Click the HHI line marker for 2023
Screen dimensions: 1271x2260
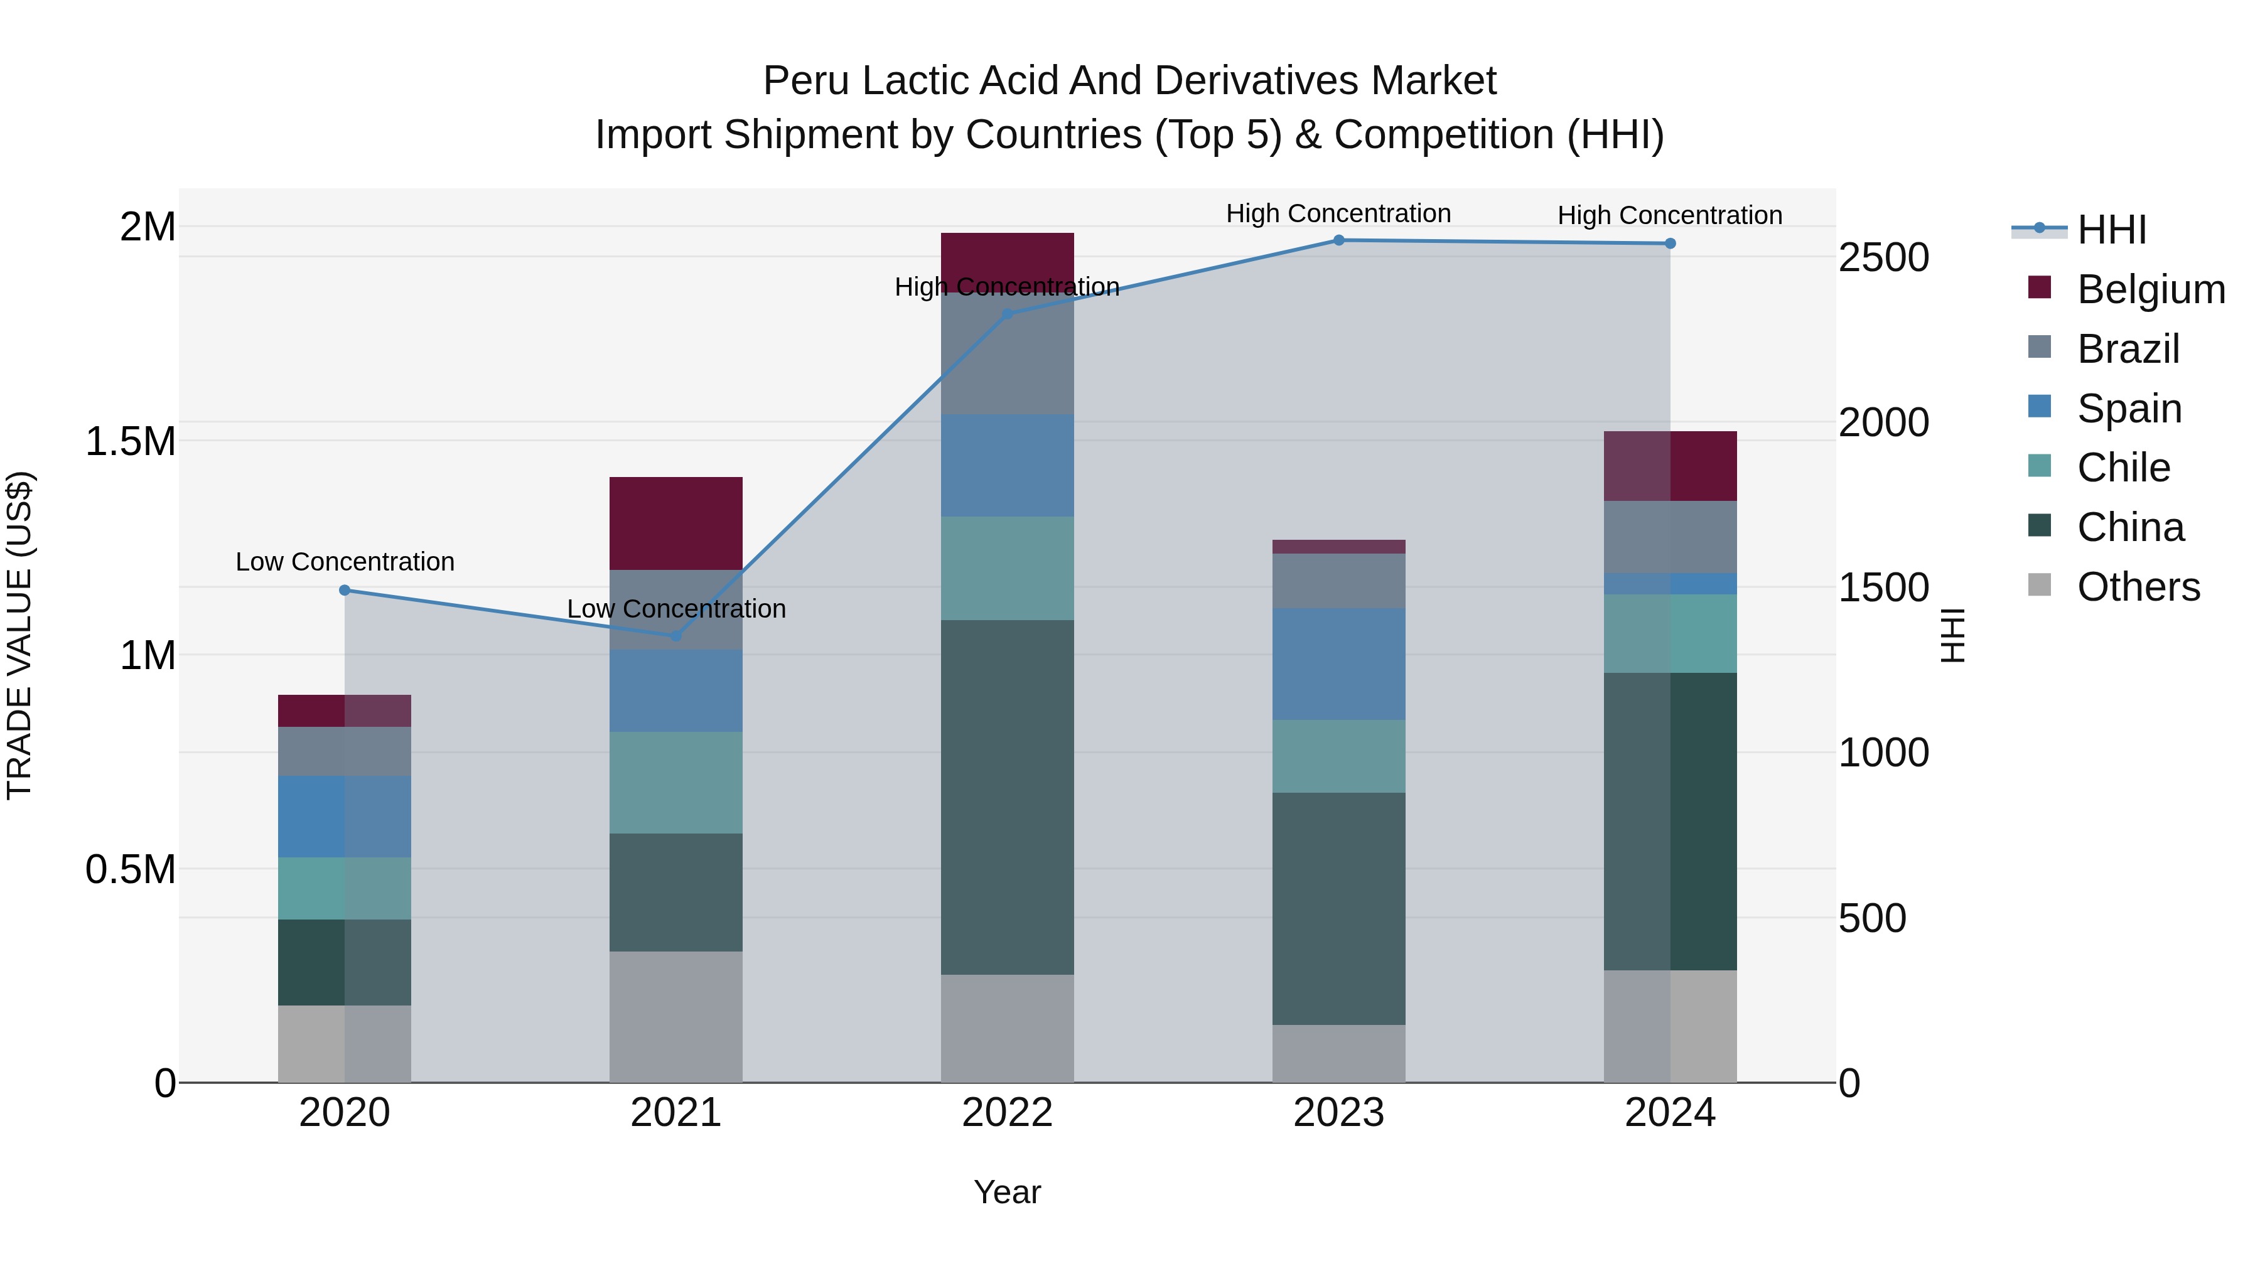coord(1339,240)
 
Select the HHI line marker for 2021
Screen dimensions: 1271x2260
coord(675,636)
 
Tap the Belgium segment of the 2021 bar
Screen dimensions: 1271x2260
coord(675,523)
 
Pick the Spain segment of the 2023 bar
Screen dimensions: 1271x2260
coord(1339,663)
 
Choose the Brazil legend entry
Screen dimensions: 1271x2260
coord(2127,348)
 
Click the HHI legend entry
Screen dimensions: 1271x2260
coord(2111,230)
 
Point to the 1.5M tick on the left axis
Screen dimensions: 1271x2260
coord(130,441)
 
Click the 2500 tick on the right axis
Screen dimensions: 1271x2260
coord(1883,258)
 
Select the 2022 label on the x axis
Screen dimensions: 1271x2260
coord(1007,1113)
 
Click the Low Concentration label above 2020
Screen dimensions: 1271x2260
coord(345,561)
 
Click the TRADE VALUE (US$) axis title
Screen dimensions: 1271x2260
coord(19,635)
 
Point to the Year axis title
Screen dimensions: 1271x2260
coord(1007,1192)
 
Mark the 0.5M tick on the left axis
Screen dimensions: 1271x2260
coord(130,869)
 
